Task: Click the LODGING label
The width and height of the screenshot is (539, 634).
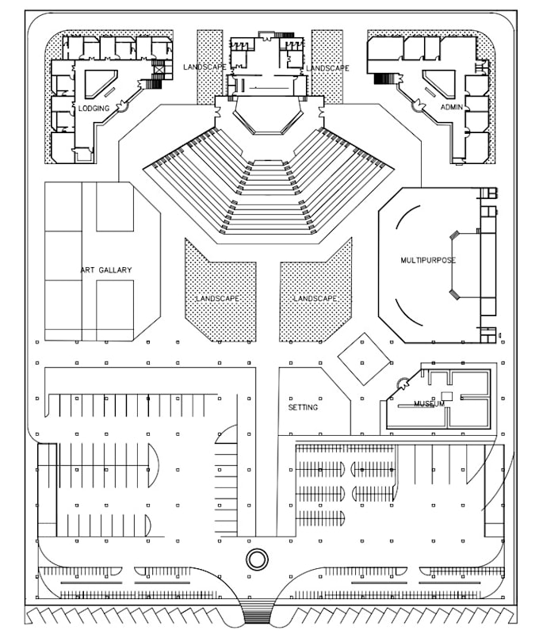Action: point(94,108)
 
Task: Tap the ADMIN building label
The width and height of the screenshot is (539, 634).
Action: point(451,107)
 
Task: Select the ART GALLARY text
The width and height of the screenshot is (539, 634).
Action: point(105,270)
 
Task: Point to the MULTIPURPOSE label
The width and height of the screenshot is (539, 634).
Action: point(428,260)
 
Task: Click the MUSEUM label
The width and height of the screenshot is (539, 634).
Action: point(429,404)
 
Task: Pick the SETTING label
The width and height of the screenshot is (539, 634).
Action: point(303,407)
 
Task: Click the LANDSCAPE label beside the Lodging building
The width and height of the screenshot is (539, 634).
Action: point(205,67)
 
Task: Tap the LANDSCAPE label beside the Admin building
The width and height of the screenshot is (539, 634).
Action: point(327,68)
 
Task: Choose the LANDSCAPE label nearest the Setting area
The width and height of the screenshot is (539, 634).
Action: point(315,299)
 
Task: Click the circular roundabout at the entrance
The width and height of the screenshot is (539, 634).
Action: point(257,560)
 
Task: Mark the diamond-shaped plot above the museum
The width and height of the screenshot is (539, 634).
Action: point(364,358)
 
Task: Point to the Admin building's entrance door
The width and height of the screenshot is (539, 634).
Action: point(413,103)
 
